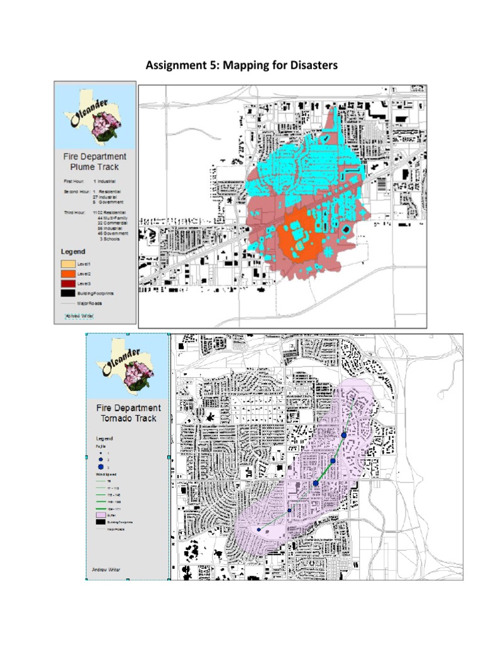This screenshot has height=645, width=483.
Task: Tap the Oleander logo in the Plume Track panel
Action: pyautogui.click(x=95, y=117)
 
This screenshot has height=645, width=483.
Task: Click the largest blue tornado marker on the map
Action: pyautogui.click(x=316, y=483)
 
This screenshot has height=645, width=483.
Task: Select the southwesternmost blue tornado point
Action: pyautogui.click(x=258, y=530)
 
